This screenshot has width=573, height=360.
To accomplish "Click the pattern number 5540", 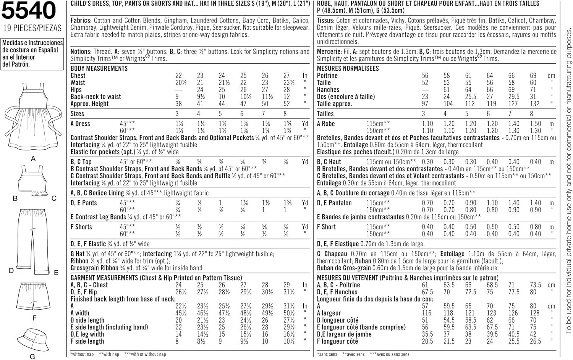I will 29,11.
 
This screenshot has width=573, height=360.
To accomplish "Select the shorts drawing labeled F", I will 33,297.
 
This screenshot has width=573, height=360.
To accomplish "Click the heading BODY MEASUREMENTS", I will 99,68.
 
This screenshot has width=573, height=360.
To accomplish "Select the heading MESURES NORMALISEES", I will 348,68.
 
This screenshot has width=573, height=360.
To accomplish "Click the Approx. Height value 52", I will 286,103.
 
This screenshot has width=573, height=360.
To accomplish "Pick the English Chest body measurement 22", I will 178,76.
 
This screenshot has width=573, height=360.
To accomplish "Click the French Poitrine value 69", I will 533,76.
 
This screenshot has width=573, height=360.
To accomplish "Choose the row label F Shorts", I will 81,227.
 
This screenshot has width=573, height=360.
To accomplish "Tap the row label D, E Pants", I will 84,203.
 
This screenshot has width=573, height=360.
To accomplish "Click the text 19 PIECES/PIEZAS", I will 32,28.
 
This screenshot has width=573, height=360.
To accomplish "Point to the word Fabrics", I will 80,21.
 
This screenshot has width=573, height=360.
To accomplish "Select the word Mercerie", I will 329,52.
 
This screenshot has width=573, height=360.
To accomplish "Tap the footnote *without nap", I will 82,354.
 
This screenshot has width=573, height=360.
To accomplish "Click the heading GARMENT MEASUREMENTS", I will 104,278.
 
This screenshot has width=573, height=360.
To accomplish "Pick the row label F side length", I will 87,341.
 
